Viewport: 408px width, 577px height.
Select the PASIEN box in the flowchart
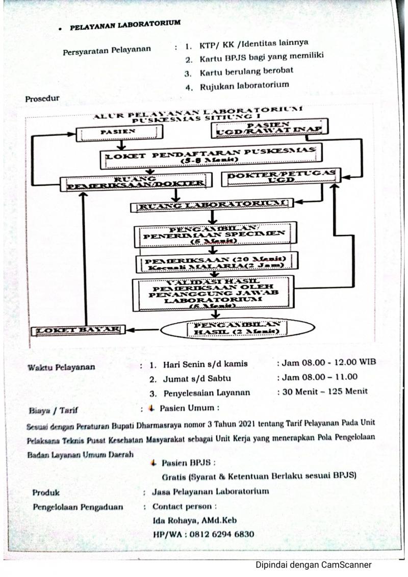pos(119,133)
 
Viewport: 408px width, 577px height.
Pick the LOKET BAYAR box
pos(78,330)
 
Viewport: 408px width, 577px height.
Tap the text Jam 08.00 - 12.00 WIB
pos(325,362)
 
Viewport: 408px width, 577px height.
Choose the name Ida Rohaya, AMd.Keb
pos(195,520)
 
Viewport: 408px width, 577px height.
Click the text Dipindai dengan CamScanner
pos(313,564)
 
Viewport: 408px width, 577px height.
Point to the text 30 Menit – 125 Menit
pos(322,392)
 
